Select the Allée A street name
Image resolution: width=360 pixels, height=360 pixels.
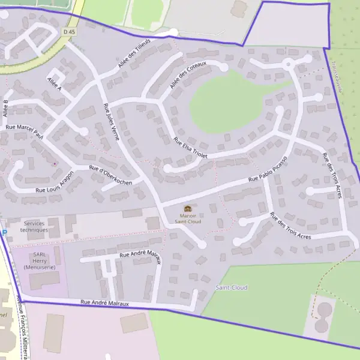coord(54,84)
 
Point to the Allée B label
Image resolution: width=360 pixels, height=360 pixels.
coord(6,108)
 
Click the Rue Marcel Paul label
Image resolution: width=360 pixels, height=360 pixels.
coord(25,129)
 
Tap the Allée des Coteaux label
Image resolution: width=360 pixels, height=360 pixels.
coord(187,76)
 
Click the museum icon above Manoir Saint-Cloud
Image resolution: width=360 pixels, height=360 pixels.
coord(188,208)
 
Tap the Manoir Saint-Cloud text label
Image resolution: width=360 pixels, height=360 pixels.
coord(188,218)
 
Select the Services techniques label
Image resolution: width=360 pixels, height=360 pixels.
coord(34,226)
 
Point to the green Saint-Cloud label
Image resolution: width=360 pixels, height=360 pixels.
coord(231,287)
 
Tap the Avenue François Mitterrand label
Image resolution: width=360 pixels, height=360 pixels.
coord(23,327)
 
